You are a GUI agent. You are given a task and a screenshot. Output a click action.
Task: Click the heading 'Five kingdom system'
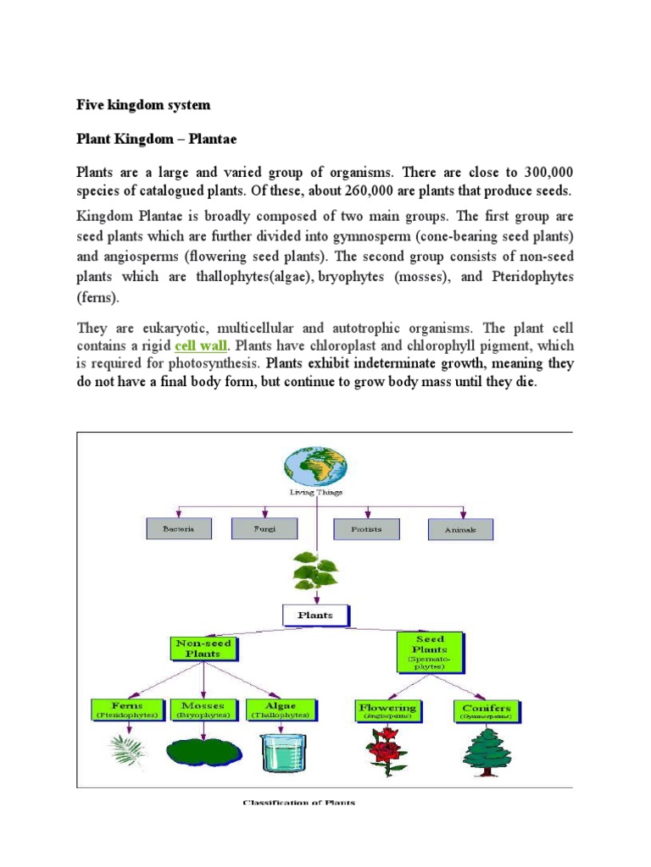point(143,106)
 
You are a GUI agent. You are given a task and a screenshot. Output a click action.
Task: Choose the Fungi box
point(265,529)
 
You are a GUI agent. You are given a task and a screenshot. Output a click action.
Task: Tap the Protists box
point(366,529)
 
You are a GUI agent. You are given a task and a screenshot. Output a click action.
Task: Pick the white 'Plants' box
point(314,616)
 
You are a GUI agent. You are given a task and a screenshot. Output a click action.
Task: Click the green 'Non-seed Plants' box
point(203,649)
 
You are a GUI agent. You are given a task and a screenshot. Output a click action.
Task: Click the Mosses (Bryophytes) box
point(203,710)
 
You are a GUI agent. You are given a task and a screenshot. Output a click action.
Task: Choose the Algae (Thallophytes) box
point(281,710)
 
